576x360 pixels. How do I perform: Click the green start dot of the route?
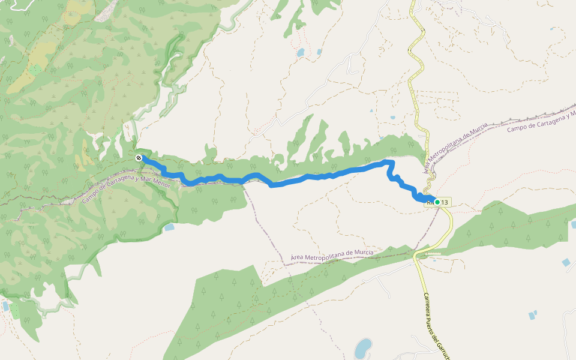coord(437,202)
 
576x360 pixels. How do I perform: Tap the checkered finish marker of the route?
coord(139,158)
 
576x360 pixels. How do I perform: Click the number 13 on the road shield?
coord(445,203)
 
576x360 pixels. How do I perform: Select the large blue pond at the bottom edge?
coord(362,347)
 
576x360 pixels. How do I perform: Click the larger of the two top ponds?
coord(300,53)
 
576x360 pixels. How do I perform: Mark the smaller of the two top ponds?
coord(319,52)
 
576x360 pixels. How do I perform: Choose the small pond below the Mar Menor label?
coord(169,227)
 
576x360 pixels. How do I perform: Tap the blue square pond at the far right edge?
coord(566,262)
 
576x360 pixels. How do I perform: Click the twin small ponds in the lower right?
coord(531,314)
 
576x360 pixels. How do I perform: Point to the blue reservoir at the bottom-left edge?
coord(5,306)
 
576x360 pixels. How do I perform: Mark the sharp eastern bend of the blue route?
coord(392,163)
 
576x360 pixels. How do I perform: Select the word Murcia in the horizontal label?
coord(361,253)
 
